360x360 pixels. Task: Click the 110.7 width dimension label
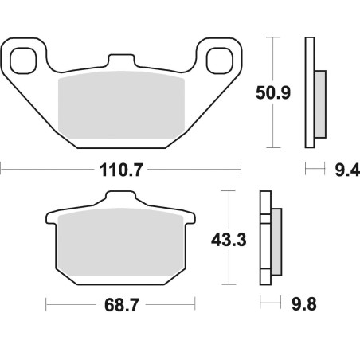[x=121, y=170]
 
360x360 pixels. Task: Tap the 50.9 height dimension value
[x=273, y=92]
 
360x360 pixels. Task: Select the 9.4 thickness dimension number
[x=347, y=170]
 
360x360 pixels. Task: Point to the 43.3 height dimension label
[x=229, y=240]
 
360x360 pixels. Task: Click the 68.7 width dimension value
[x=122, y=305]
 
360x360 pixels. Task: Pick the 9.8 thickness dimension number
[x=304, y=304]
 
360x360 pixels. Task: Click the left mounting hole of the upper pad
[x=23, y=61]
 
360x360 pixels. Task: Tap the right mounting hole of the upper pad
[x=220, y=61]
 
